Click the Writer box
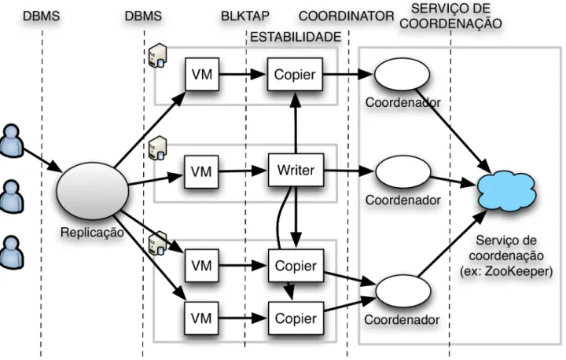pyautogui.click(x=296, y=170)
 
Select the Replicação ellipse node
pyautogui.click(x=93, y=191)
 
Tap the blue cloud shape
pyautogui.click(x=506, y=190)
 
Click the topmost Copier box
pyautogui.click(x=295, y=75)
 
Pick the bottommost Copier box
pyautogui.click(x=296, y=318)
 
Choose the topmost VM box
pyautogui.click(x=202, y=75)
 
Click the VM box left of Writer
pyautogui.click(x=201, y=172)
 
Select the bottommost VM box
pyautogui.click(x=201, y=318)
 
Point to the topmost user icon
pyautogui.click(x=12, y=141)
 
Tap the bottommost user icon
pyautogui.click(x=12, y=252)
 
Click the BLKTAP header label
pyautogui.click(x=245, y=16)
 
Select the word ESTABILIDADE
pyautogui.click(x=296, y=37)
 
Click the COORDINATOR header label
pyautogui.click(x=347, y=16)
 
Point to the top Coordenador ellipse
pyautogui.click(x=402, y=75)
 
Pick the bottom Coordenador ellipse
pyautogui.click(x=403, y=291)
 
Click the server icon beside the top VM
pyautogui.click(x=158, y=55)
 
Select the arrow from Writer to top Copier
pyautogui.click(x=296, y=123)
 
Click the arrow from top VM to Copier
pyautogui.click(x=243, y=75)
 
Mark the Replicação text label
pyautogui.click(x=92, y=232)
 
